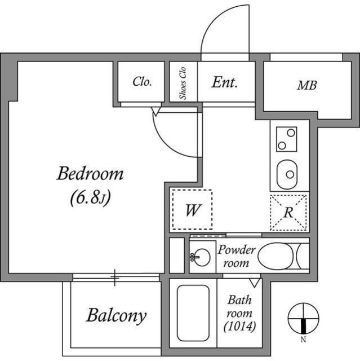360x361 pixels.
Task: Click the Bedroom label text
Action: [90, 174]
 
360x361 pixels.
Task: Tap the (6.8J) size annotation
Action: [90, 197]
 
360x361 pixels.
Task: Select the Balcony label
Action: [116, 315]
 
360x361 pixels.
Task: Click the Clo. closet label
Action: [142, 82]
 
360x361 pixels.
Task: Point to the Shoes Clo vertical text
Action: [183, 82]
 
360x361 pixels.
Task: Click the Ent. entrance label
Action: [225, 82]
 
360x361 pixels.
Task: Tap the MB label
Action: [307, 86]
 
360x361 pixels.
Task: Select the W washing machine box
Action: [192, 210]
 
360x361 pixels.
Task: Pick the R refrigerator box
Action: [288, 212]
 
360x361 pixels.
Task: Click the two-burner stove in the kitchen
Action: [287, 139]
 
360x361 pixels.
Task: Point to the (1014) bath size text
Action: [239, 326]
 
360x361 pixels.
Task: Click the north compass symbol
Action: [303, 318]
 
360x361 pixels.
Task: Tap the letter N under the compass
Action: [303, 340]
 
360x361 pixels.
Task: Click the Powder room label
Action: [237, 256]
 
